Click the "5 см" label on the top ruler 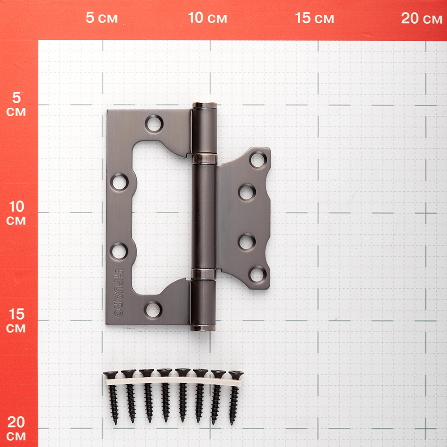click(x=101, y=18)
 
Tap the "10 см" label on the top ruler click(x=207, y=18)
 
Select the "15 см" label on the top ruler click(x=314, y=18)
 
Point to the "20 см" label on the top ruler click(x=422, y=18)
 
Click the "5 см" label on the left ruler click(x=16, y=104)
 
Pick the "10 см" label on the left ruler click(x=16, y=213)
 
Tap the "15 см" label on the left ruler click(x=16, y=320)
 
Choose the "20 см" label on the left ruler click(x=16, y=429)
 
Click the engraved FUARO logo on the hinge click(x=118, y=293)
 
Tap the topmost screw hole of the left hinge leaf click(x=154, y=124)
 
